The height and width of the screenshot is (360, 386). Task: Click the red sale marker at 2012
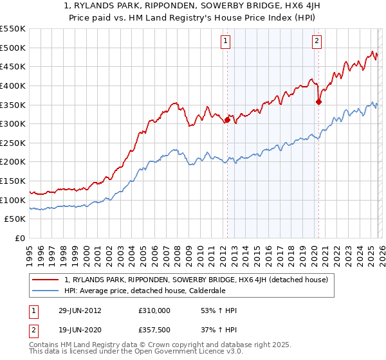(227, 120)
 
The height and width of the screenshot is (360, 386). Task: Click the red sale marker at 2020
(318, 102)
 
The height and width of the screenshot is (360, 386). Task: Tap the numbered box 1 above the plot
(226, 42)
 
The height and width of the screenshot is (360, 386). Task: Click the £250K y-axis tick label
(13, 143)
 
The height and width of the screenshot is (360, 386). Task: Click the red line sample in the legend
(46, 280)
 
